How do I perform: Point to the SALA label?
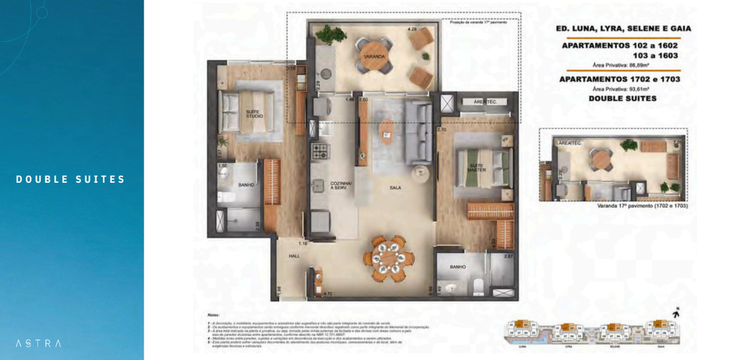pyautogui.click(x=395, y=188)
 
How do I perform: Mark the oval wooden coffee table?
pyautogui.click(x=387, y=130)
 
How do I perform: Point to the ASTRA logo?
pyautogui.click(x=38, y=343)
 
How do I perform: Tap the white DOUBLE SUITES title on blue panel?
pyautogui.click(x=71, y=179)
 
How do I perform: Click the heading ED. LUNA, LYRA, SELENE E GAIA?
pyautogui.click(x=623, y=28)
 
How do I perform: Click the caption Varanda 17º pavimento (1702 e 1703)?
pyautogui.click(x=643, y=207)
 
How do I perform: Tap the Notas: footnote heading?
pyautogui.click(x=213, y=315)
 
